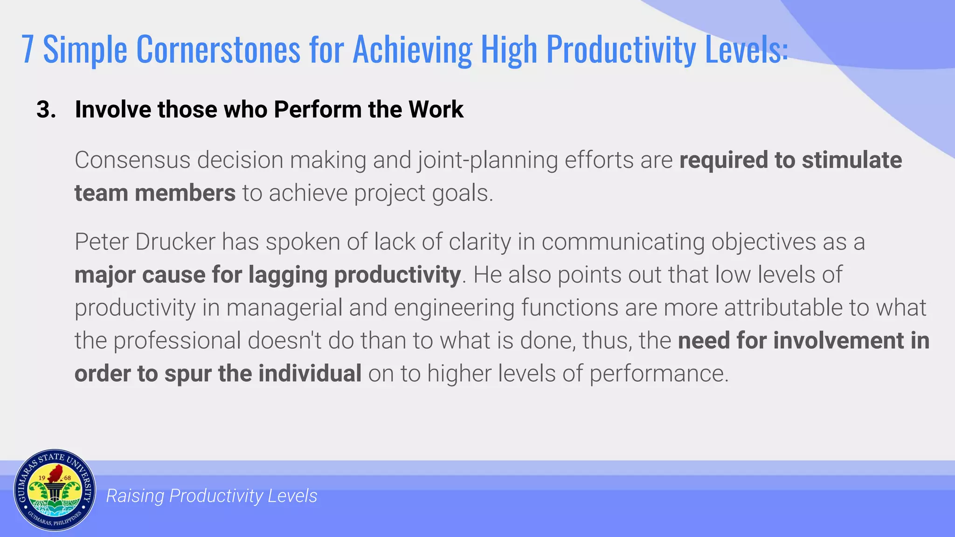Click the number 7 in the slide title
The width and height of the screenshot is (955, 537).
[28, 49]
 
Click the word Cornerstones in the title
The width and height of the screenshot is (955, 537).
[218, 49]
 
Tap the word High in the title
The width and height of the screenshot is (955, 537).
[509, 49]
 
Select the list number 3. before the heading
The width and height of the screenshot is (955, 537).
[46, 110]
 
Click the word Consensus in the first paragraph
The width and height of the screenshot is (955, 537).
[132, 160]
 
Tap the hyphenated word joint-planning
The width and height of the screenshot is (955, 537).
[488, 160]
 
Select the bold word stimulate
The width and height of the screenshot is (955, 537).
[852, 160]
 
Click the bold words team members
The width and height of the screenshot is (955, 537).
[155, 193]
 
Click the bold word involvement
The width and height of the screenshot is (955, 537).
[838, 341]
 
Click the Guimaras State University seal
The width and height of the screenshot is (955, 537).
[55, 490]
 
